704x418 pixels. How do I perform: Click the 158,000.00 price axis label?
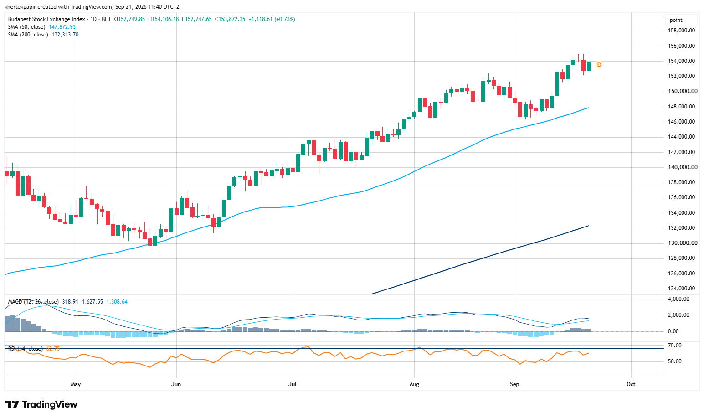coord(681,31)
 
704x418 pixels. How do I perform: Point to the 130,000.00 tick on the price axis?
coord(681,243)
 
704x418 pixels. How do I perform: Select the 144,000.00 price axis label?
coord(681,137)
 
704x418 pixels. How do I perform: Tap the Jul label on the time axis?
coord(293,384)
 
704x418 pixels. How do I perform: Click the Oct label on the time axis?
coord(631,384)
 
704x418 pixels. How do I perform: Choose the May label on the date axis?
coord(76,384)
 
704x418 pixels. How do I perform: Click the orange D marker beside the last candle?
coord(599,65)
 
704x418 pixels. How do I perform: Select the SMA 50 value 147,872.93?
coord(62,27)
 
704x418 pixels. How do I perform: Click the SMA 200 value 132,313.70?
coord(65,35)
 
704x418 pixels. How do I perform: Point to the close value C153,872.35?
coord(230,19)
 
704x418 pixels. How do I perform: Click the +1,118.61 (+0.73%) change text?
coord(272,19)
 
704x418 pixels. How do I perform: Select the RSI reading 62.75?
coord(53,349)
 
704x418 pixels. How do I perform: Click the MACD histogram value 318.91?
coord(70,302)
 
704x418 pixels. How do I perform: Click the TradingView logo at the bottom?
coord(41,404)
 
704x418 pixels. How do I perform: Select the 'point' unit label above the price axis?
coord(676,20)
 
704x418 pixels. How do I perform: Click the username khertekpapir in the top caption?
coord(21,6)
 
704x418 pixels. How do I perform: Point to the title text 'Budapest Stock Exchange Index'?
coord(46,19)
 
